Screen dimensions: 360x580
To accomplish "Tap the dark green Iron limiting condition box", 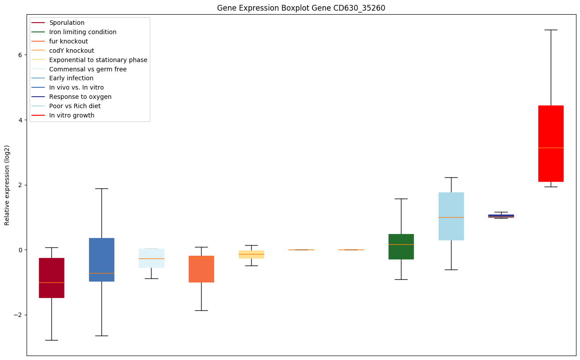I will pos(401,247).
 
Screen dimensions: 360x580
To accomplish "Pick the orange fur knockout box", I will pos(201,269).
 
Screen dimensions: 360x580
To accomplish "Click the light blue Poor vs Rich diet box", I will pos(451,216).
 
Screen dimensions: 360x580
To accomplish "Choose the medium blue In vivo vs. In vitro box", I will pos(101,259).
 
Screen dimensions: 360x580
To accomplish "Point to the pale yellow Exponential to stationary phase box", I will pos(251,254).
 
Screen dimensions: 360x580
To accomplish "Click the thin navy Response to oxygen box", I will pos(501,216).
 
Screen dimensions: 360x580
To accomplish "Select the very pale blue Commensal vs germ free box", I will pos(152,258).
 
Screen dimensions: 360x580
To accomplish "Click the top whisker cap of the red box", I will pos(551,30).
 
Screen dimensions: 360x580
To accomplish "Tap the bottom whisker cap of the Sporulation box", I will pos(51,340).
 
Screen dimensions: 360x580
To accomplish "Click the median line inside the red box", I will pos(551,148).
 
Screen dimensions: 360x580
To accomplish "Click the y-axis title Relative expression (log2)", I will pos(7,185).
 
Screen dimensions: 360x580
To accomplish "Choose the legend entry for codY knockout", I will pos(71,51).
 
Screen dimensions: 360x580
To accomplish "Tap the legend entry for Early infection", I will pos(71,78).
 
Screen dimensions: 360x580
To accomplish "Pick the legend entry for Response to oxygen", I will pos(80,97).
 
